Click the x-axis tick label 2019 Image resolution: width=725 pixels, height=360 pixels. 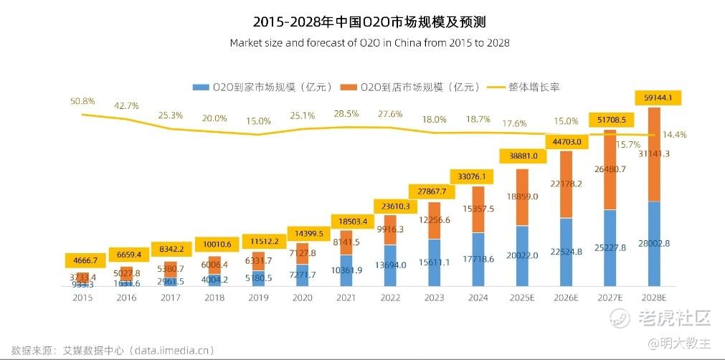259,298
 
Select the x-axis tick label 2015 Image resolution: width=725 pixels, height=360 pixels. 83,298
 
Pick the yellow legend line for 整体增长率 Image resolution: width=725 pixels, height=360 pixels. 495,87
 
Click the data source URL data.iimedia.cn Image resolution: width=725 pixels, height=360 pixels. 165,351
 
